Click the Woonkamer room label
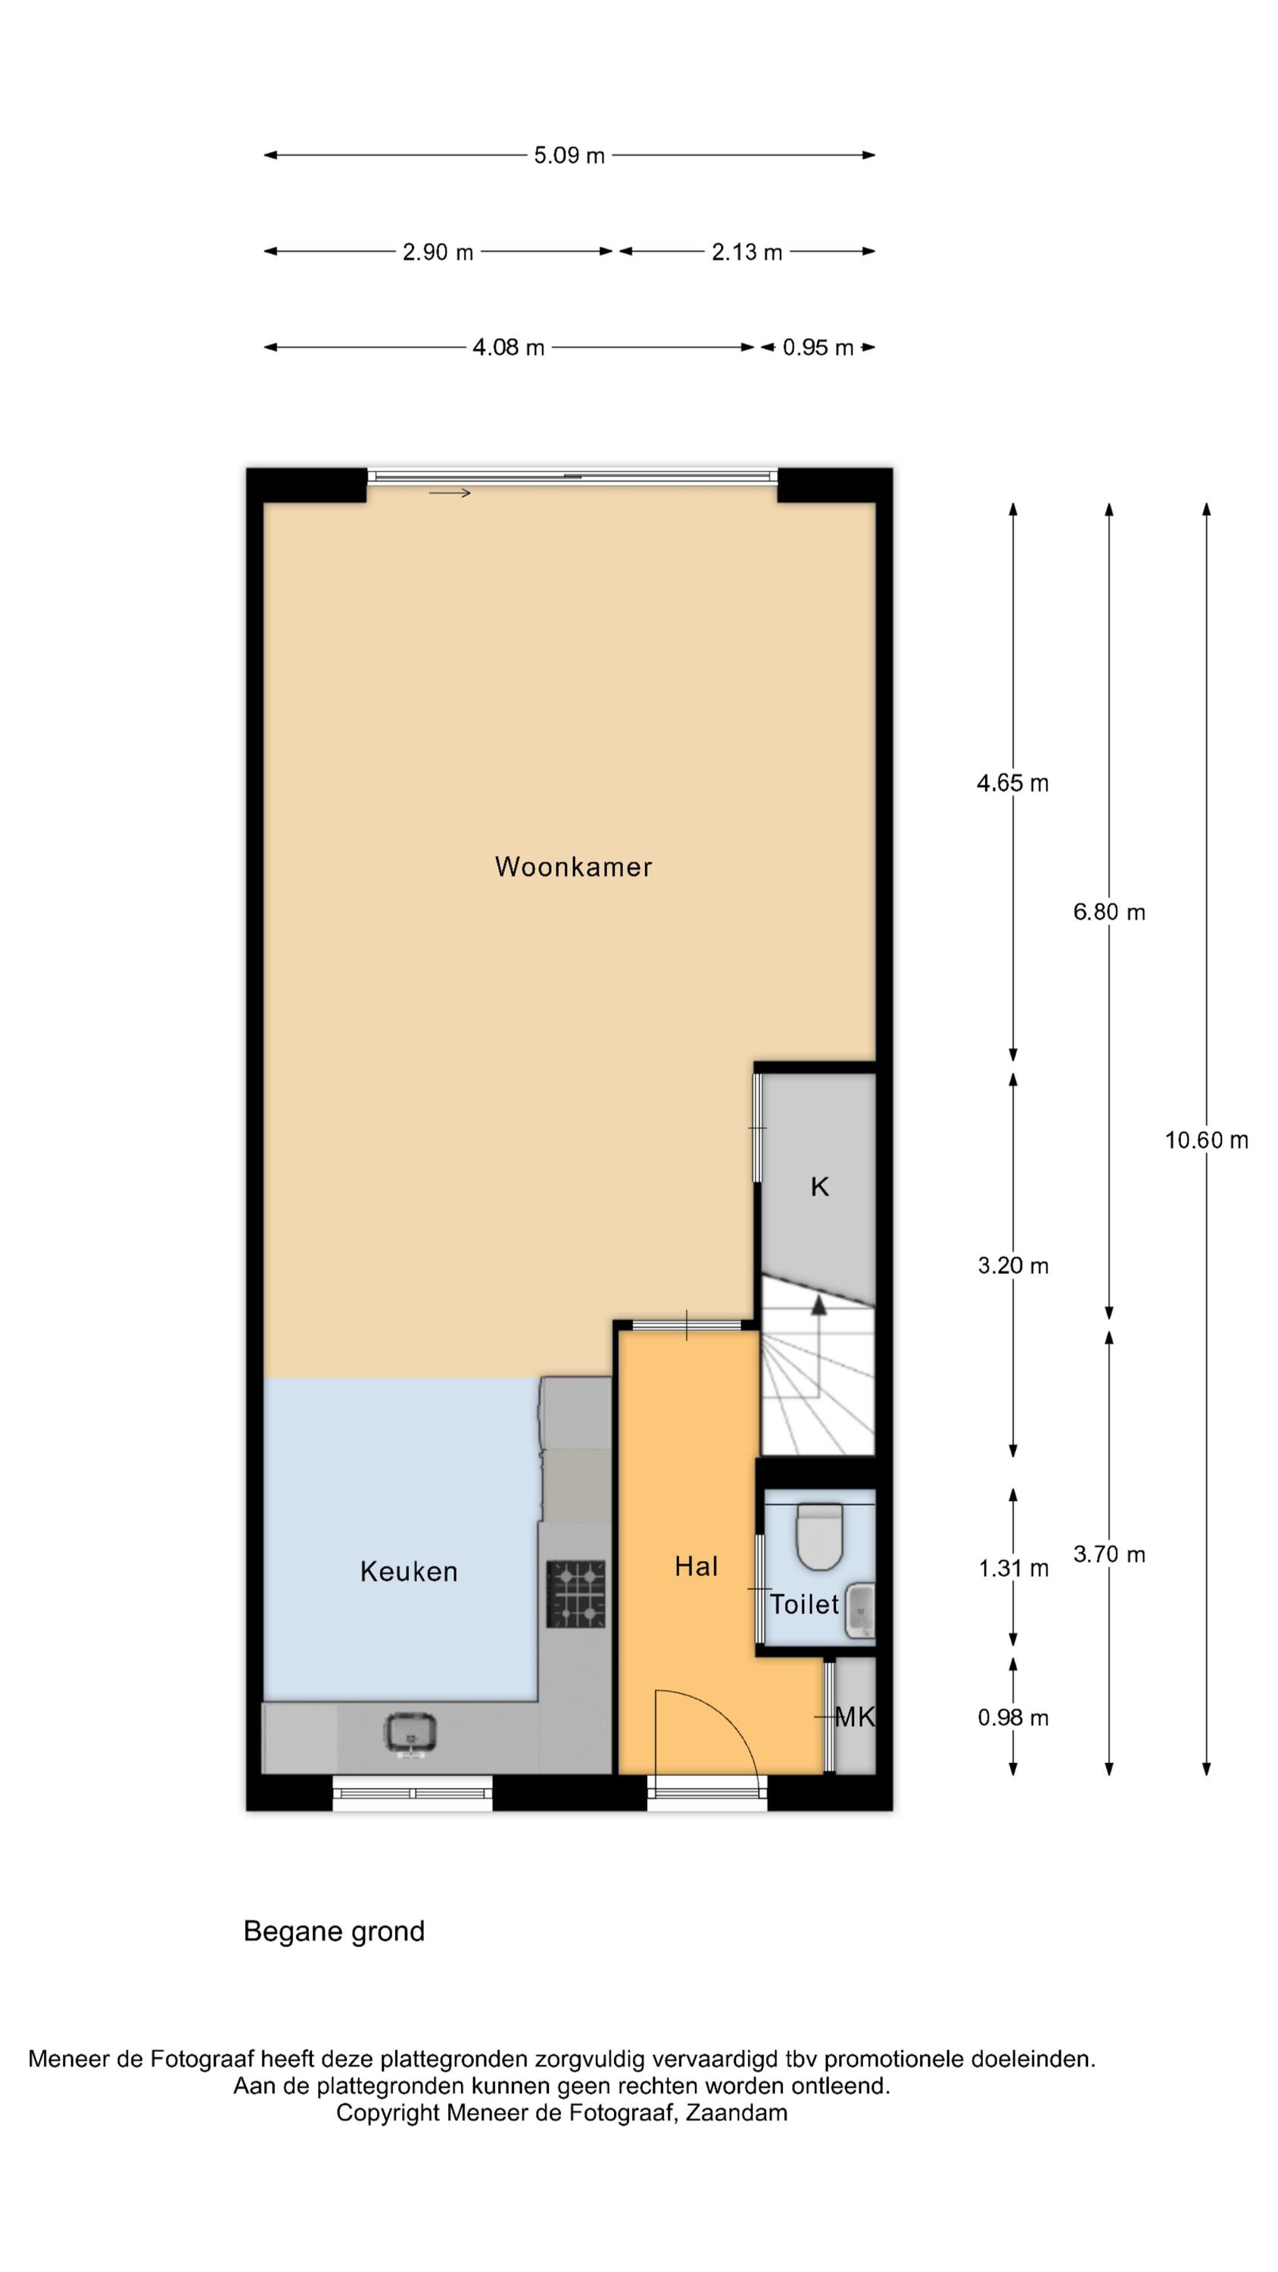pos(573,867)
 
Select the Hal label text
pos(696,1566)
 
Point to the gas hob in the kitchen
pos(576,1593)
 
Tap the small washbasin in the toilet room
pos(860,1612)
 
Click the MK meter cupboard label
pos(855,1717)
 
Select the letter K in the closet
pos(819,1187)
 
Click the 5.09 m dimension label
pos(569,156)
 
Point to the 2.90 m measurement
pos(438,252)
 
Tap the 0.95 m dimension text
pos(818,348)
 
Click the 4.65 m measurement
pos(1012,783)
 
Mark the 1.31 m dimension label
pos(1012,1568)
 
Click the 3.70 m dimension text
pos(1108,1554)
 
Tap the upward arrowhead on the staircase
pos(818,1306)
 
